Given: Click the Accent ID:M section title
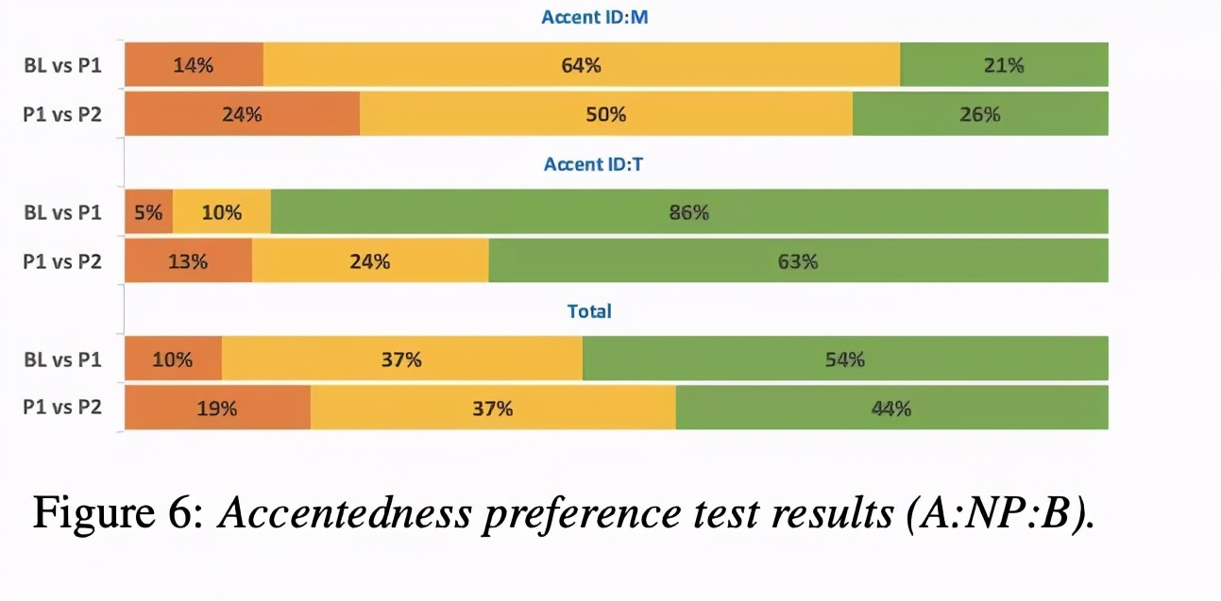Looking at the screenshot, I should [x=594, y=17].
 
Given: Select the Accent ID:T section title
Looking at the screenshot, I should [x=594, y=164].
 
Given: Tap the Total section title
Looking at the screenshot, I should [x=589, y=310].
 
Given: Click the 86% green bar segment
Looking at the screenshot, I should [x=689, y=212].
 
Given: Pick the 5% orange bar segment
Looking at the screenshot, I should [x=148, y=212].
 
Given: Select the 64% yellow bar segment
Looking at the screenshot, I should [x=582, y=65].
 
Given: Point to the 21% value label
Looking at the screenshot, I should [x=1003, y=65].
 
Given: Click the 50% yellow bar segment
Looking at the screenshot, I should [x=605, y=114].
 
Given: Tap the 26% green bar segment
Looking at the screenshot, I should [x=980, y=114].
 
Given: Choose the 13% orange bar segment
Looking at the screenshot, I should [x=188, y=261].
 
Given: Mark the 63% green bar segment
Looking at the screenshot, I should [x=798, y=261].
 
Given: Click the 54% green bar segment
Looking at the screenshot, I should [x=845, y=359].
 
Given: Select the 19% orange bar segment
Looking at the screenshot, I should [x=217, y=409].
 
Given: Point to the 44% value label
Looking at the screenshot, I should [x=891, y=409].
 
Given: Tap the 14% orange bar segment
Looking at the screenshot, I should [x=194, y=65].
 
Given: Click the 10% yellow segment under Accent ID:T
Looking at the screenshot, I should [x=222, y=212].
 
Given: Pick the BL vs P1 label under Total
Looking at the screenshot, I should [x=62, y=359].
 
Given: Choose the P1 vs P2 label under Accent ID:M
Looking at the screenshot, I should [x=62, y=114].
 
